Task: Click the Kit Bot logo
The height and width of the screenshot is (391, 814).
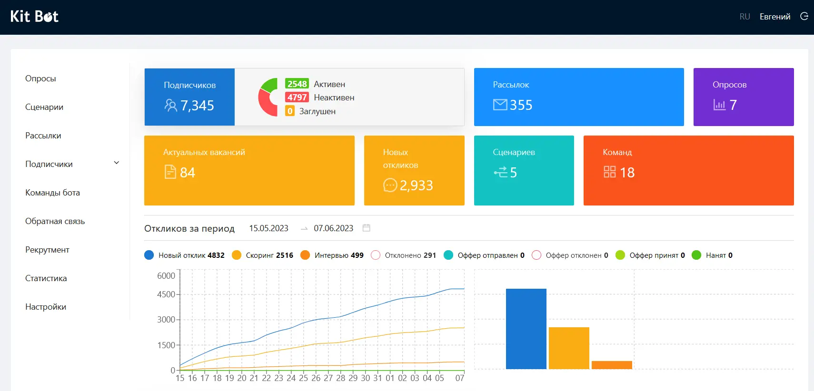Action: pos(34,17)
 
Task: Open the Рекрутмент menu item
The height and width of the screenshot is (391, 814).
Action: pos(47,250)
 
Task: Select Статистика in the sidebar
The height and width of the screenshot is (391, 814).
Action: pos(46,278)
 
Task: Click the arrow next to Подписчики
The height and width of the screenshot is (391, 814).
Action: pos(116,163)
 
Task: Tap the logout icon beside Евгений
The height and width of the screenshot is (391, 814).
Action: pos(804,17)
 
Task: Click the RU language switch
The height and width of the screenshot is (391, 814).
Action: pos(745,17)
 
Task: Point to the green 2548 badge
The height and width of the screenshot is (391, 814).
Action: pos(297,84)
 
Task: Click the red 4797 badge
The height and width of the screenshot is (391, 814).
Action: pos(297,98)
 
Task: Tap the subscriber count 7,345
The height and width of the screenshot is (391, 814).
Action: pos(197,106)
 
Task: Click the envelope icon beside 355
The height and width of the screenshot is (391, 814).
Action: pos(500,105)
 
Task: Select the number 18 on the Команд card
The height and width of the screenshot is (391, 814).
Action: pos(627,173)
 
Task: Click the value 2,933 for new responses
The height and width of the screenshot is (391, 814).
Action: pos(416,186)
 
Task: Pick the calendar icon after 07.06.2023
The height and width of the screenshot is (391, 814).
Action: pos(366,228)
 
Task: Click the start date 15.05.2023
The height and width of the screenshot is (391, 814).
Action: pos(268,228)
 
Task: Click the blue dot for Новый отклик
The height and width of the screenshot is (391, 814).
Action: pos(149,255)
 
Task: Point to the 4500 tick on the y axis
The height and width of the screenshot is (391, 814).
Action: pos(166,294)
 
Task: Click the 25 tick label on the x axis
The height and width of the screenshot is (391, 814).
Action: pos(303,378)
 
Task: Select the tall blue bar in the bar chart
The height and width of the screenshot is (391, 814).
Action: pos(526,328)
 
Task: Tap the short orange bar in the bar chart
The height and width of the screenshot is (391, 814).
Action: pos(612,365)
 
